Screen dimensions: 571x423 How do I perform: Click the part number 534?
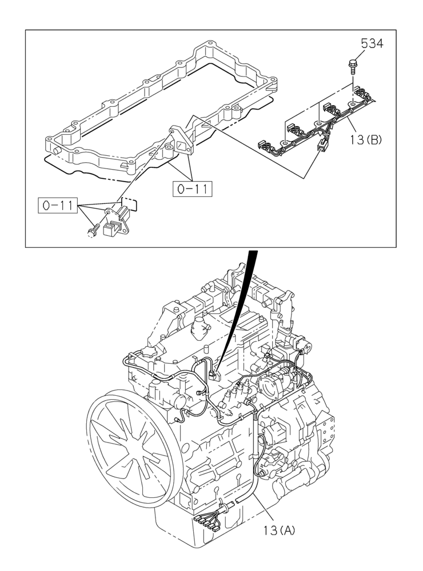click(371, 43)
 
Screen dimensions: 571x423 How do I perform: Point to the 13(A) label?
click(280, 530)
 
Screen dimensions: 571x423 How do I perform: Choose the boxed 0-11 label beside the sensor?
click(57, 204)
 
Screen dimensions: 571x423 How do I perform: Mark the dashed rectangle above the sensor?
click(130, 203)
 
